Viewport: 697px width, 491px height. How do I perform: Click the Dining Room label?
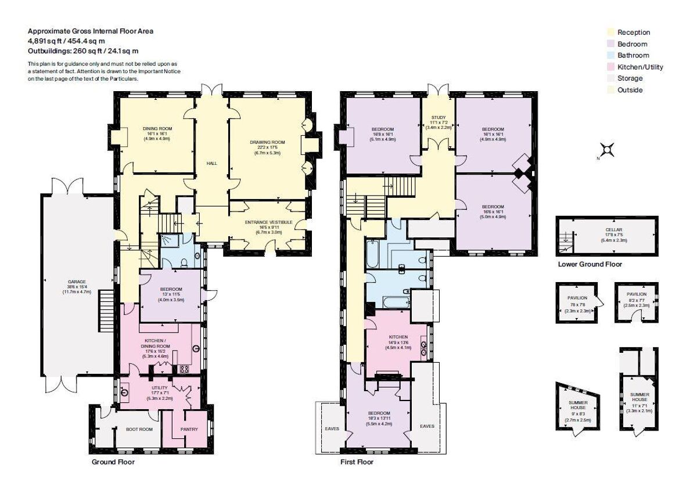point(154,129)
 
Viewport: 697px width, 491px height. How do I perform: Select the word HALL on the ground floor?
point(212,164)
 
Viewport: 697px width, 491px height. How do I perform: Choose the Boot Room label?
point(139,429)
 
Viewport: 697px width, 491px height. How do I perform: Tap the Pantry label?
point(189,429)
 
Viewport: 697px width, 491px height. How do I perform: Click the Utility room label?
point(159,387)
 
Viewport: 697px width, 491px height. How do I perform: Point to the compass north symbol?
point(607,150)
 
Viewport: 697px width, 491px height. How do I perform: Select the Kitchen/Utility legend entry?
point(639,67)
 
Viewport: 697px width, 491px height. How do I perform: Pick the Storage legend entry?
point(630,78)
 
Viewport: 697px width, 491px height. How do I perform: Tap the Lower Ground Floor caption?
point(590,264)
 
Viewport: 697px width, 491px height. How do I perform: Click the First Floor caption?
point(357,462)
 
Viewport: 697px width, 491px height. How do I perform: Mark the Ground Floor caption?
point(113,462)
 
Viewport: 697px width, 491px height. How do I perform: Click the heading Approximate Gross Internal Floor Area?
point(91,31)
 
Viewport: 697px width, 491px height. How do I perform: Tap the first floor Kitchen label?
point(398,337)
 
